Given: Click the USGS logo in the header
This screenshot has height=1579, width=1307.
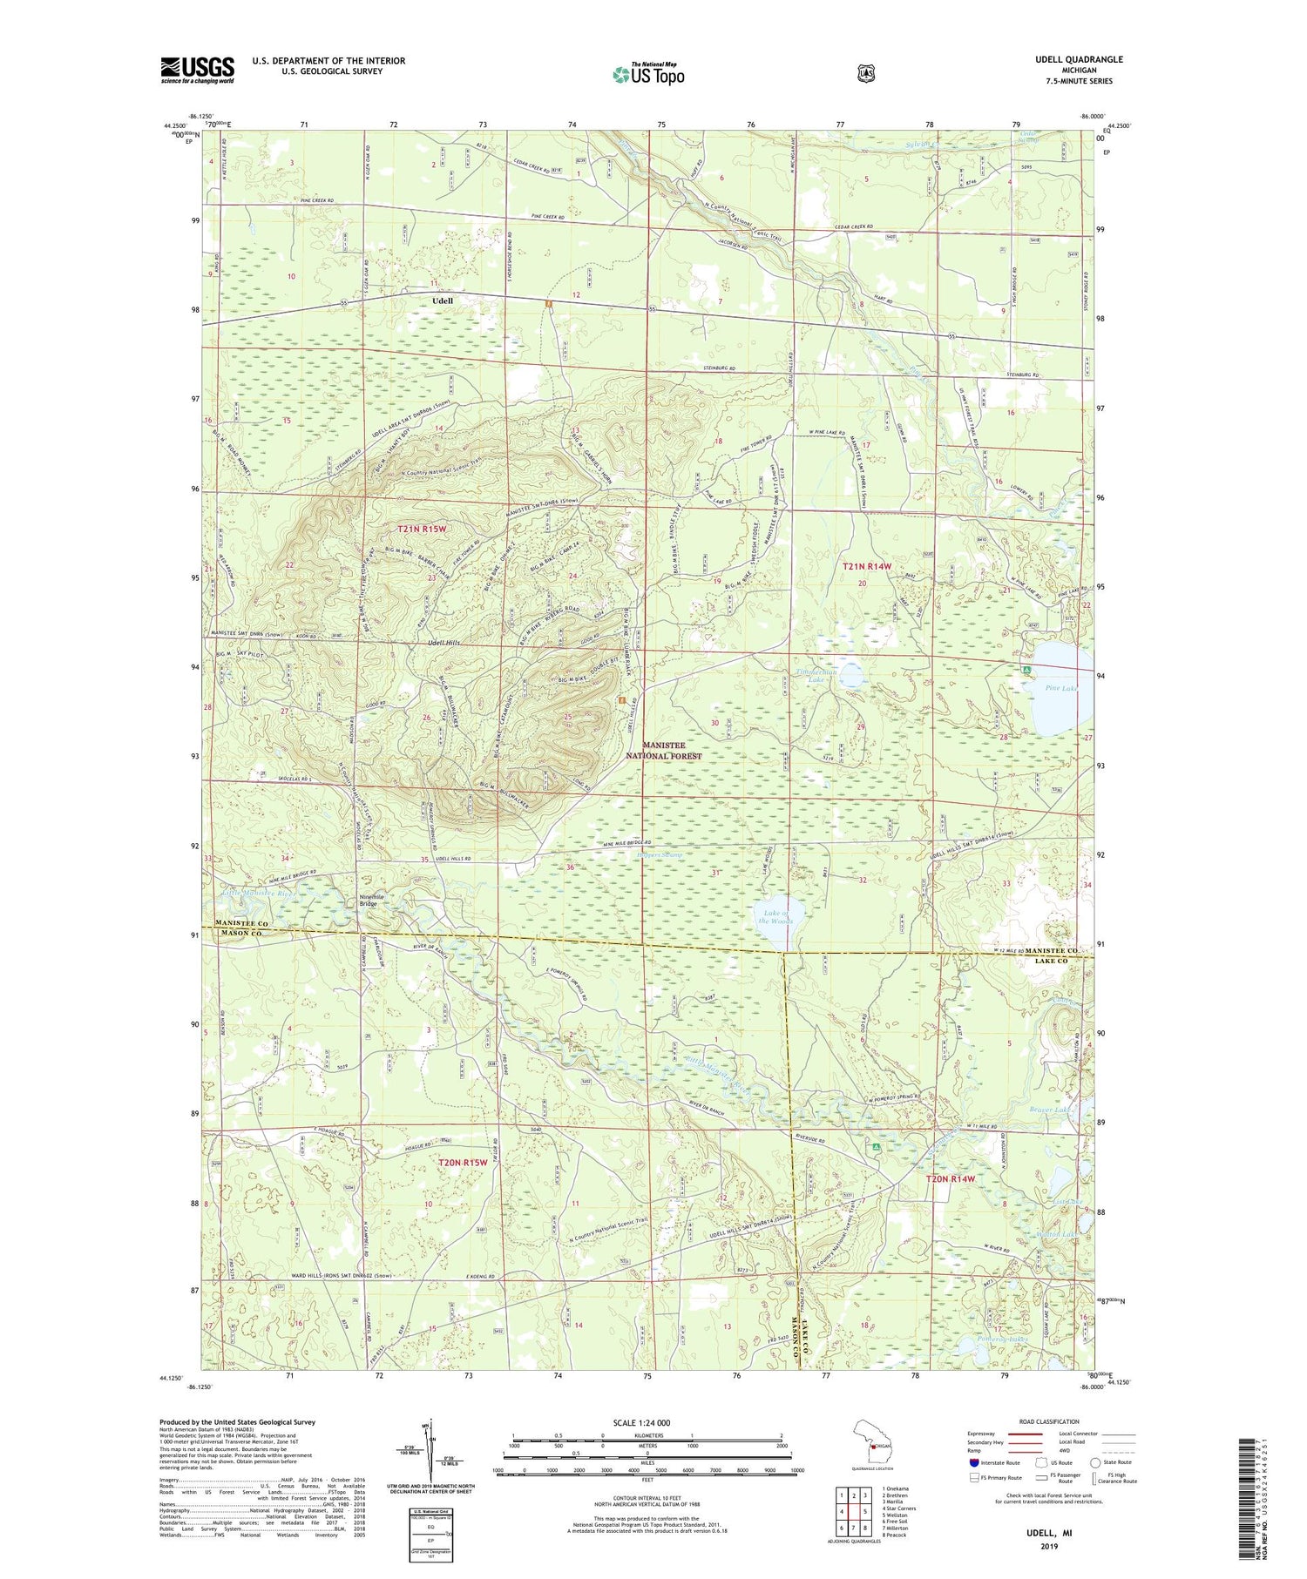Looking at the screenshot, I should click(x=197, y=70).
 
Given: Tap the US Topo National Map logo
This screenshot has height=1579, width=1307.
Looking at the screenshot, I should click(x=648, y=73).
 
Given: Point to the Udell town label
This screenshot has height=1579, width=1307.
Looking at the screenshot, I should click(x=443, y=300).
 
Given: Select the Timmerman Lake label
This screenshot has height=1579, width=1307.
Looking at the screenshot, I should click(x=816, y=675).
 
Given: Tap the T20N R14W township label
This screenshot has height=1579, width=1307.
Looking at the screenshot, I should click(x=949, y=1178).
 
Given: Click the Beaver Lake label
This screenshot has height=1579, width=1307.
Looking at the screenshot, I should click(x=1049, y=1110).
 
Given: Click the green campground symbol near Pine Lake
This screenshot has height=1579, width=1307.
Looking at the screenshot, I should click(x=1026, y=670).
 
